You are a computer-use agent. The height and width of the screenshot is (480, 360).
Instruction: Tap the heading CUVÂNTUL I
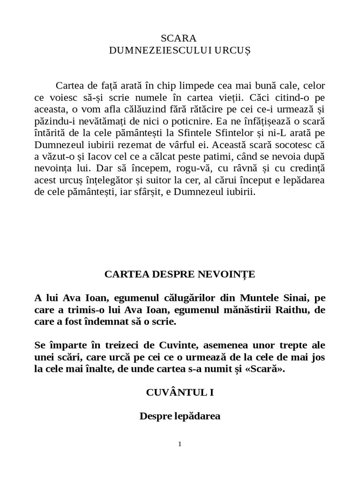click(180, 392)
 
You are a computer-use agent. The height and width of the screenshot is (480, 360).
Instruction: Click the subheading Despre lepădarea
click(180, 416)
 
